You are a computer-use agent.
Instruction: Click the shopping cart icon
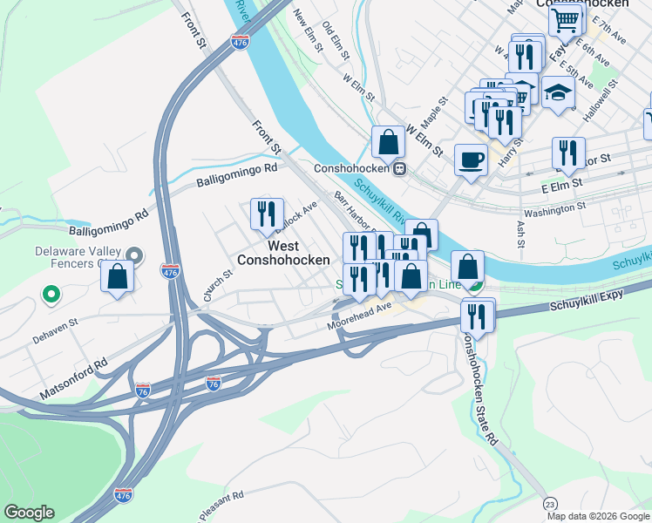pos(565,19)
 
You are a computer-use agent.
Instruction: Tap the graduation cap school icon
pos(557,92)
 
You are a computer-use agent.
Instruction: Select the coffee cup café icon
pos(471,160)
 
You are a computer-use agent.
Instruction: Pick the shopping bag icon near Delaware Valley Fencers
pos(117,277)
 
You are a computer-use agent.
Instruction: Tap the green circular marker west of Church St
pos(51,295)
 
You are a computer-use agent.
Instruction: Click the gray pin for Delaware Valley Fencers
pos(133,255)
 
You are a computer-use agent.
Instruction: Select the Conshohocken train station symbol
pos(399,168)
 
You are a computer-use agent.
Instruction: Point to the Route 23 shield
pos(549,504)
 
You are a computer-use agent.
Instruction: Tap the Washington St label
pos(554,210)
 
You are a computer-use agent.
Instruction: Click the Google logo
pos(29,513)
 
